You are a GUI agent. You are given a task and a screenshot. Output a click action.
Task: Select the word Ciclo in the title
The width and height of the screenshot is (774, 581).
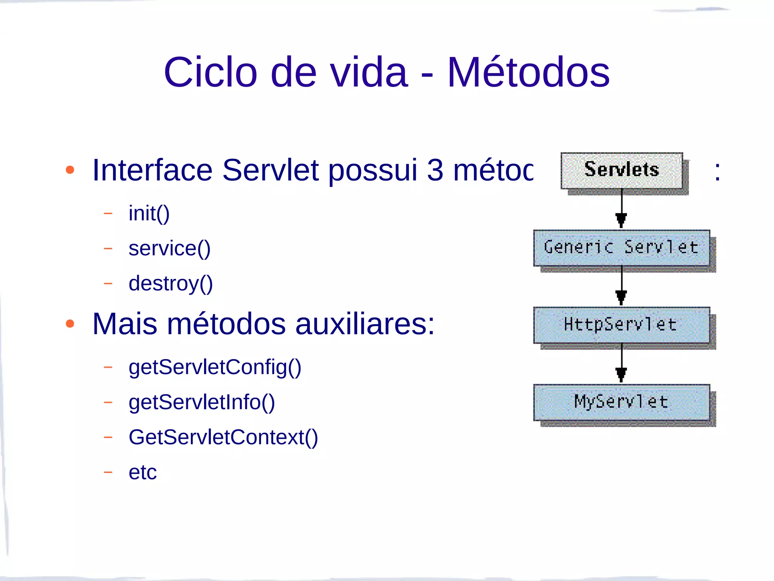pyautogui.click(x=211, y=72)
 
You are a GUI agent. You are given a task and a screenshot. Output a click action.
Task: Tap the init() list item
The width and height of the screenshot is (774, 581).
pyautogui.click(x=149, y=213)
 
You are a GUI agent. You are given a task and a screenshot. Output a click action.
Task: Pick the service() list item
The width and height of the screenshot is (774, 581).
pyautogui.click(x=169, y=249)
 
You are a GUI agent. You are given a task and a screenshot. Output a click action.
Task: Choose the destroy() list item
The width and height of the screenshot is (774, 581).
pyautogui.click(x=170, y=284)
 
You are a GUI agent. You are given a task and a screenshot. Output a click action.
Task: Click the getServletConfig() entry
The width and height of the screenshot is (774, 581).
pyautogui.click(x=215, y=367)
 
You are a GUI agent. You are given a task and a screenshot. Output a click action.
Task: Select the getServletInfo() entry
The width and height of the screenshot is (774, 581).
pyautogui.click(x=201, y=402)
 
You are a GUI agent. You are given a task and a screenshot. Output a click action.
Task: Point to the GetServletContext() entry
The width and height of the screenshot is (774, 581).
pyautogui.click(x=223, y=437)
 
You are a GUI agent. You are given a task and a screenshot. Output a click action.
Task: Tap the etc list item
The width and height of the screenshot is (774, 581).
pyautogui.click(x=142, y=472)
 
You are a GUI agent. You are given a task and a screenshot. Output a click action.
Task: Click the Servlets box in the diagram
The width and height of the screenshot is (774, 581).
pyautogui.click(x=622, y=171)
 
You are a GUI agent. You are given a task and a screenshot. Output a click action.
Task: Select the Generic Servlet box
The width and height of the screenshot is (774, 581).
pyautogui.click(x=621, y=248)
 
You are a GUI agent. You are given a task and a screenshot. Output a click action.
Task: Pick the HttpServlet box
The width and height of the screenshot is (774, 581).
pyautogui.click(x=621, y=325)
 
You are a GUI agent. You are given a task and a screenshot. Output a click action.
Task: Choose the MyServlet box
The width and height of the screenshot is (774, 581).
pyautogui.click(x=621, y=402)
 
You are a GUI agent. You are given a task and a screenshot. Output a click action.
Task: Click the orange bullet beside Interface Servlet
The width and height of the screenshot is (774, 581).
pyautogui.click(x=70, y=170)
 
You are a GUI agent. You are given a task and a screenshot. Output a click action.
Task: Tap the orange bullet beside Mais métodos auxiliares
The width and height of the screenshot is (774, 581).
pyautogui.click(x=70, y=324)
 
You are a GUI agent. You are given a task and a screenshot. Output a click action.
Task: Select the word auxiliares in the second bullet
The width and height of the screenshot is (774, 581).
pyautogui.click(x=365, y=324)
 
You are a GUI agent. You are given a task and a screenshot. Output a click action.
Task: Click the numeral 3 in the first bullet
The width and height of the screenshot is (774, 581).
pyautogui.click(x=435, y=170)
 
